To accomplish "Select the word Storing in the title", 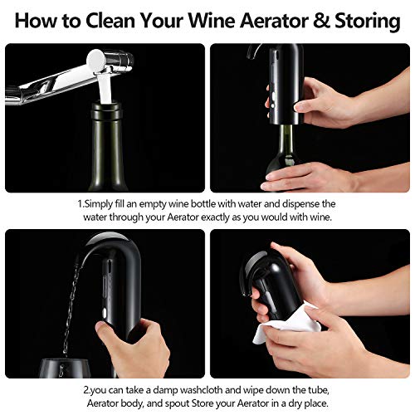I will (369, 20).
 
